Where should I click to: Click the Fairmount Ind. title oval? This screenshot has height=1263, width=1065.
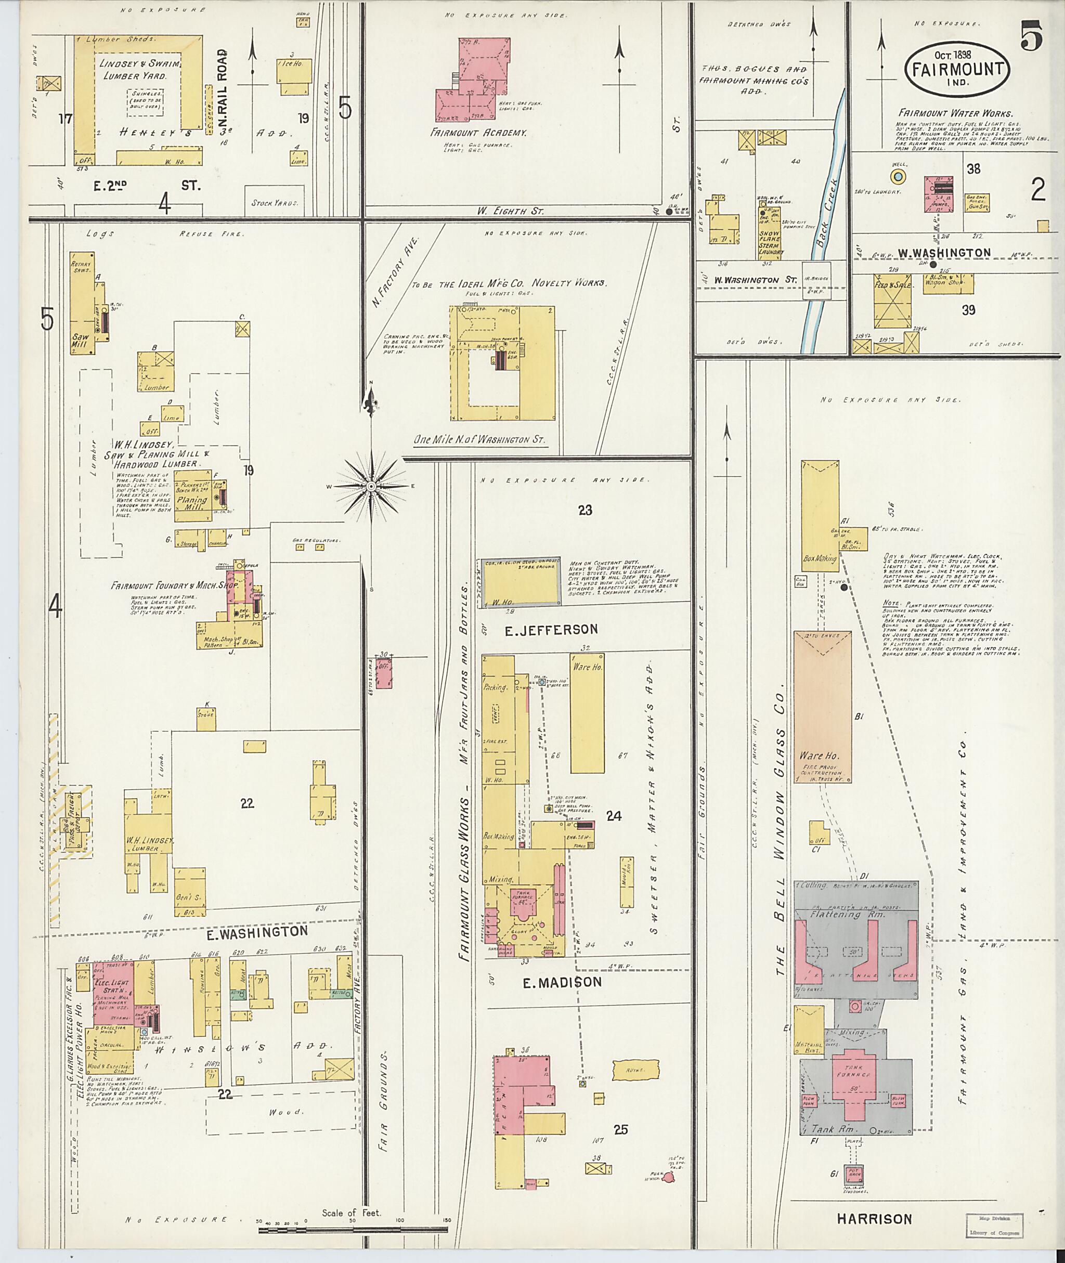[x=957, y=68]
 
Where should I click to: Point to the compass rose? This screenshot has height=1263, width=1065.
[x=371, y=486]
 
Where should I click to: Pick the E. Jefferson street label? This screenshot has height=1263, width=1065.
[x=551, y=629]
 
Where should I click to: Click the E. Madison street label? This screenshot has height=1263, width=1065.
[x=562, y=982]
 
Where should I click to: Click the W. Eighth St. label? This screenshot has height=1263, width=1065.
[x=510, y=211]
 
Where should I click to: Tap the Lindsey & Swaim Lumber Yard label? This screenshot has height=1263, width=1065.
[x=142, y=70]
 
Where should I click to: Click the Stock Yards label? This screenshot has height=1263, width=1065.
[x=275, y=203]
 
